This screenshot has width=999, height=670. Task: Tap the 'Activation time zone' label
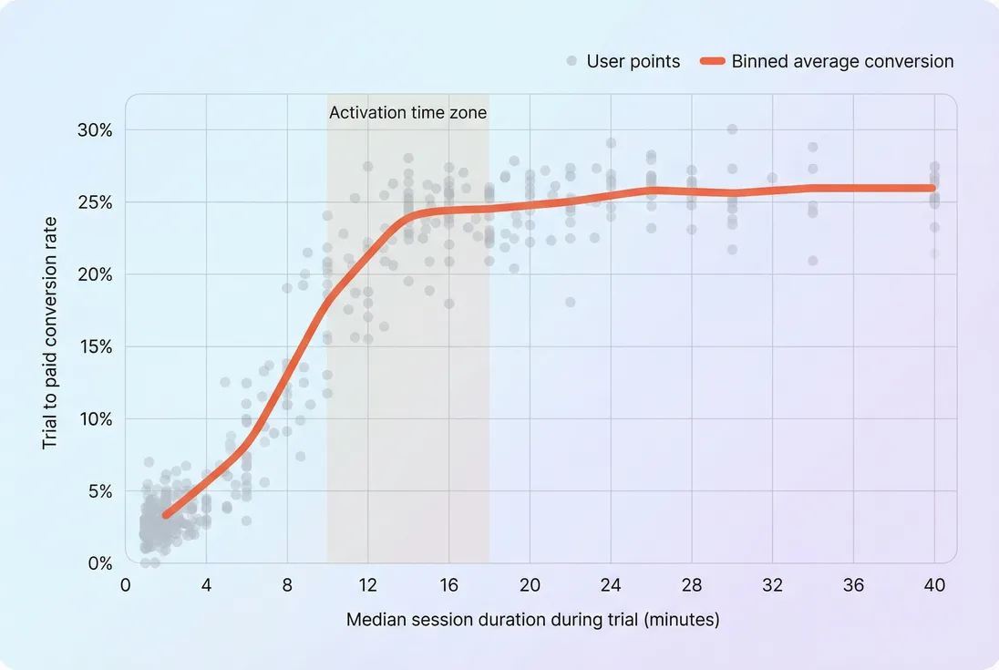pyautogui.click(x=407, y=114)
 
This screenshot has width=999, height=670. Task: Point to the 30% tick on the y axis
pyautogui.click(x=95, y=130)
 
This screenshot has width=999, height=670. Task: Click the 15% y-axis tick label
pyautogui.click(x=95, y=347)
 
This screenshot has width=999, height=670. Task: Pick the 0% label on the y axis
pyautogui.click(x=99, y=564)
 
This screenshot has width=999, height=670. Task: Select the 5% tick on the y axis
pyautogui.click(x=99, y=491)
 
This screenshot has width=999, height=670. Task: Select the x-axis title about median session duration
pyautogui.click(x=532, y=621)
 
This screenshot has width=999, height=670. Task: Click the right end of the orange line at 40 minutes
pyautogui.click(x=932, y=188)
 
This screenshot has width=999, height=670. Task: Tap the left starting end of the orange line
pyautogui.click(x=166, y=515)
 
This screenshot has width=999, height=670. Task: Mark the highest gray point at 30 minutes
pyautogui.click(x=732, y=129)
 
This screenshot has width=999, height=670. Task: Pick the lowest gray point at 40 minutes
pyautogui.click(x=934, y=253)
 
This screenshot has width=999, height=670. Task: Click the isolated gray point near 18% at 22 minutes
pyautogui.click(x=571, y=302)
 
